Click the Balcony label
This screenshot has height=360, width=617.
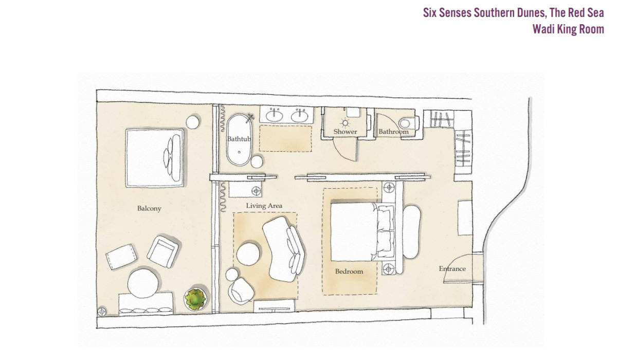tap(149, 208)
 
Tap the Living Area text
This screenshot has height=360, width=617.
tap(264, 206)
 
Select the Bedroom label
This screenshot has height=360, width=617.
tap(349, 272)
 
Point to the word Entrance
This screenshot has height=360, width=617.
tap(452, 269)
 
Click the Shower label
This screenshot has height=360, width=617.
tap(345, 132)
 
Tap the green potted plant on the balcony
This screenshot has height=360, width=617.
tap(195, 299)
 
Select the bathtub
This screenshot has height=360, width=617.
tap(239, 140)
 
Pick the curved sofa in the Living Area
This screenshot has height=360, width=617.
tap(284, 249)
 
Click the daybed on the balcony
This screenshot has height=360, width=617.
tap(155, 158)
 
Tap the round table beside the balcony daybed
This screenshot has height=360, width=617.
tap(193, 122)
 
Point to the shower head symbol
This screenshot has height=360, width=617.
tap(345, 122)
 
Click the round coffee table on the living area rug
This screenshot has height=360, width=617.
tap(248, 254)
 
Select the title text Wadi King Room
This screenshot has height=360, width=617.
tap(568, 29)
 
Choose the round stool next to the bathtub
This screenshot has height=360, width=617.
tap(257, 161)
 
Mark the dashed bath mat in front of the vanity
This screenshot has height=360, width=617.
tap(285, 138)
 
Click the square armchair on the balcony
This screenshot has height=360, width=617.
tap(163, 251)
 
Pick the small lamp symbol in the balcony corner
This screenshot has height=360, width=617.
tap(102, 312)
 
